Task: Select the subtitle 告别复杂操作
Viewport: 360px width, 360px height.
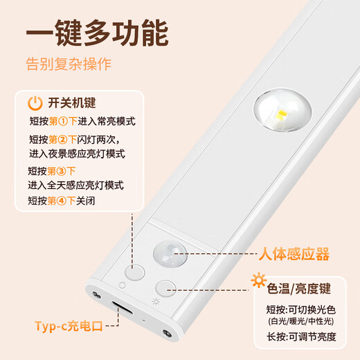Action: tap(69, 66)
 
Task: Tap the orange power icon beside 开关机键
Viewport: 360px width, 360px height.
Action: tap(34, 104)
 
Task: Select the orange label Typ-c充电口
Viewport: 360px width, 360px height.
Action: tap(69, 325)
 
